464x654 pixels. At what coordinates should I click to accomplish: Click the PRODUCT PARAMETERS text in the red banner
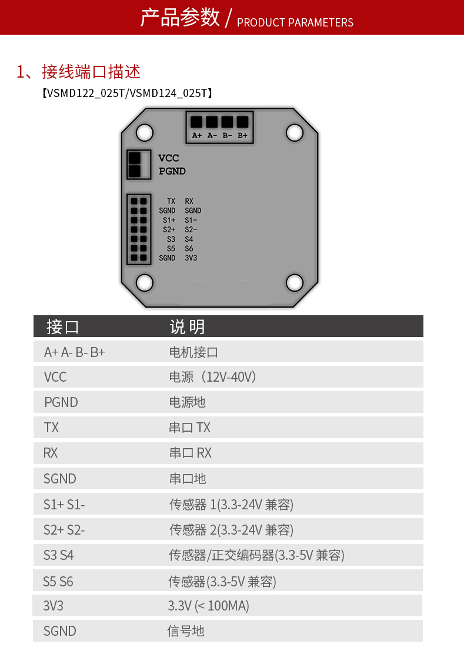pyautogui.click(x=295, y=22)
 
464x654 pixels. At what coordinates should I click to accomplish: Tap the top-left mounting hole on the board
pyautogui.click(x=145, y=133)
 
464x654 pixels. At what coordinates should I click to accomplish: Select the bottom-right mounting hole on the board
pyautogui.click(x=294, y=282)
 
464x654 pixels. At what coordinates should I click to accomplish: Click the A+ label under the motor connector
pyautogui.click(x=197, y=135)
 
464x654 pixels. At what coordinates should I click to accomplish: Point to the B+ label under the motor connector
pyautogui.click(x=243, y=135)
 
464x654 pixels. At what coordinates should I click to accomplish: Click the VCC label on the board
pyautogui.click(x=168, y=158)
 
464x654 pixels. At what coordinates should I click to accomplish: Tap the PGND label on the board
pyautogui.click(x=172, y=171)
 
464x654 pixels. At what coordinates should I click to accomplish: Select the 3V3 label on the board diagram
pyautogui.click(x=191, y=258)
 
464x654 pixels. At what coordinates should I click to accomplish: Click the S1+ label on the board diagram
pyautogui.click(x=169, y=220)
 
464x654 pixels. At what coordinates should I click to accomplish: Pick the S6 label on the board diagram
pyautogui.click(x=189, y=248)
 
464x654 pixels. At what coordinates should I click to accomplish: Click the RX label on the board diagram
pyautogui.click(x=189, y=201)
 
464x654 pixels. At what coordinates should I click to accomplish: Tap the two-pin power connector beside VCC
pyautogui.click(x=139, y=164)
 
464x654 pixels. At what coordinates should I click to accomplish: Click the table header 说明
pyautogui.click(x=187, y=326)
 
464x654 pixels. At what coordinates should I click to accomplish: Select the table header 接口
pyautogui.click(x=62, y=326)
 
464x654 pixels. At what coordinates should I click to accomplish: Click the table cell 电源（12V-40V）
pyautogui.click(x=212, y=377)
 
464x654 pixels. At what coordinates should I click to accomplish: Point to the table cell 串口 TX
pyautogui.click(x=190, y=428)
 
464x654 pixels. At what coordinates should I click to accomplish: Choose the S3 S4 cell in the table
pyautogui.click(x=58, y=555)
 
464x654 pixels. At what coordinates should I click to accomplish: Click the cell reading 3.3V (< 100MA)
pyautogui.click(x=208, y=606)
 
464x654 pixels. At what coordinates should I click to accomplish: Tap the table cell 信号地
pyautogui.click(x=185, y=630)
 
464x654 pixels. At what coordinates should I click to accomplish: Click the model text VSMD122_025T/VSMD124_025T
pyautogui.click(x=127, y=93)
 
